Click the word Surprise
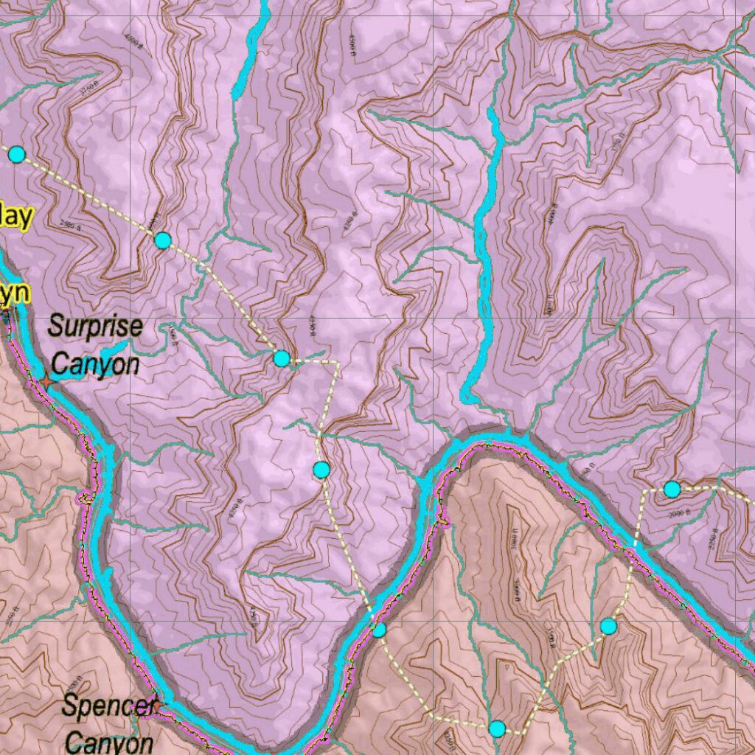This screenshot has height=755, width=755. pos(95,327)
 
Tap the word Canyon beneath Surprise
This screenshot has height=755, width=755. pos(95,363)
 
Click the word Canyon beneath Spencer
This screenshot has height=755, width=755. pos(109,741)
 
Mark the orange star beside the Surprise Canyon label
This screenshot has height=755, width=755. pos(46,381)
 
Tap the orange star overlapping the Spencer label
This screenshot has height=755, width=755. pos(156,706)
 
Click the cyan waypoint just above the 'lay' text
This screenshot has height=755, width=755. pos(16,154)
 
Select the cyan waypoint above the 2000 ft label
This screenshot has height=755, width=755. pos(672,489)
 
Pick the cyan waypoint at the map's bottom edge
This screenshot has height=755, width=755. pos(498,729)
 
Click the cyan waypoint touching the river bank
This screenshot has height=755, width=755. pos(379,630)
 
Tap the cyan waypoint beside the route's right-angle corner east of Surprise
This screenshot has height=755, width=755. pos(281,358)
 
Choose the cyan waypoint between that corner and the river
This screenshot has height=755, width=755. pos(321,469)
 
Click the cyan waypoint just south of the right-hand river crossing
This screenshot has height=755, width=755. pos(608,626)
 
